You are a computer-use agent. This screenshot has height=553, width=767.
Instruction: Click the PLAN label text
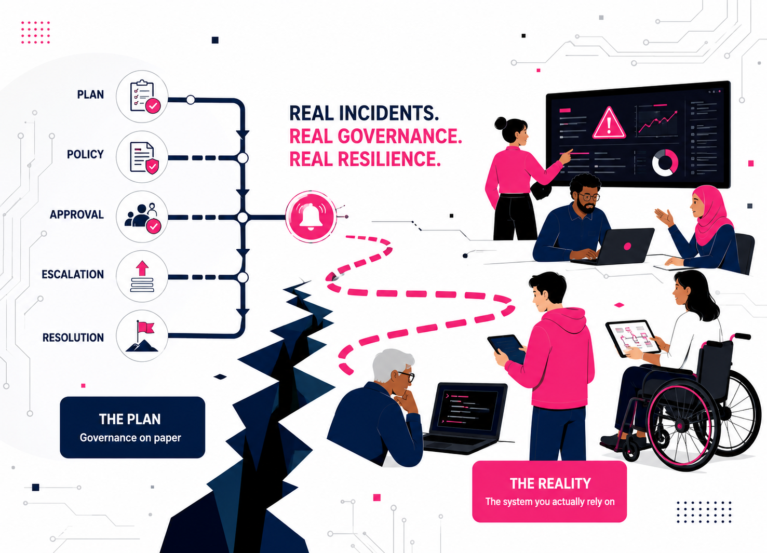[x=90, y=95]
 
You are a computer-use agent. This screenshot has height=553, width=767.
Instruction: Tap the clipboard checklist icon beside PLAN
[x=142, y=96]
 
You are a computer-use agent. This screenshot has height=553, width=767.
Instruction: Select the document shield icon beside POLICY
[x=142, y=157]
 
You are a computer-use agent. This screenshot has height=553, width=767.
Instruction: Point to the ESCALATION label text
[x=73, y=274]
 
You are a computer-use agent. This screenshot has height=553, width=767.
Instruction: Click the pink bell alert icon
[x=311, y=217]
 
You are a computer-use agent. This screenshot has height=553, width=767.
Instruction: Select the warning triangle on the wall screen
[x=609, y=123]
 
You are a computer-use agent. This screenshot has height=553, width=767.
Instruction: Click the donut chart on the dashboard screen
[x=665, y=163]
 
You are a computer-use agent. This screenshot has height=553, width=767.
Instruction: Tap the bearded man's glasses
[x=588, y=197]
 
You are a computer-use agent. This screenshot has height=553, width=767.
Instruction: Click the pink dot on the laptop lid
[x=627, y=246]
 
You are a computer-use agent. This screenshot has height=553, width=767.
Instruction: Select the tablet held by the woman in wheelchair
[x=633, y=338]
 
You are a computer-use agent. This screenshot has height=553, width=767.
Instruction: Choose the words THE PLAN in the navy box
[x=130, y=419]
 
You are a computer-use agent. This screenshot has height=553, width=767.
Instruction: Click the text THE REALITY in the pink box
[x=550, y=483]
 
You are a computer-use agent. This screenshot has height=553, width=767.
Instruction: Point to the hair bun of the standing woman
[x=500, y=123]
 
